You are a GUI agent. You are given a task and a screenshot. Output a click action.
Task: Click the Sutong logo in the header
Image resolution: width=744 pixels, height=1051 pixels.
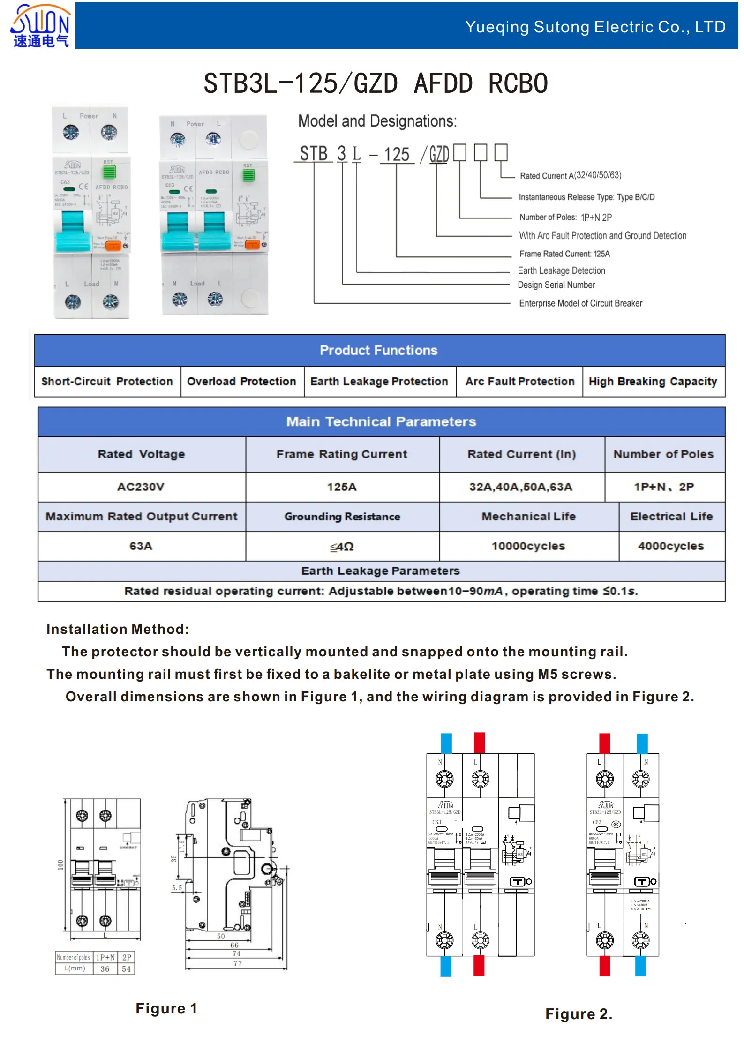coord(40,26)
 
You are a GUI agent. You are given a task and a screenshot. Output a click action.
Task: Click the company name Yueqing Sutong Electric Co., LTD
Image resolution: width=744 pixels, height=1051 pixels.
coord(595,27)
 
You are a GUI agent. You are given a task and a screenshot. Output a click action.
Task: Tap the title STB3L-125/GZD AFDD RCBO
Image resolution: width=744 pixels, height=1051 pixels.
coord(376,84)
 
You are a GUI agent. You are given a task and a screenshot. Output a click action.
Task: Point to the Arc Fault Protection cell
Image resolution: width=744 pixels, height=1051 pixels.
coord(519,382)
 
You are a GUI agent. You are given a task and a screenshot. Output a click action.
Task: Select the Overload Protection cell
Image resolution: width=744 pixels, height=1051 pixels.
coord(241,382)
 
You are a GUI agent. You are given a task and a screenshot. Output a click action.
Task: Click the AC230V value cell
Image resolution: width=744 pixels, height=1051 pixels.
coord(141,487)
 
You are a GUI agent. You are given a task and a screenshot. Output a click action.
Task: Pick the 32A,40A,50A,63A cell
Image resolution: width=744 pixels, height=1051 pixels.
coord(521,487)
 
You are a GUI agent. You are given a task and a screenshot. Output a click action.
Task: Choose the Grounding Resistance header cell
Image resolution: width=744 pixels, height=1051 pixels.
coord(342,517)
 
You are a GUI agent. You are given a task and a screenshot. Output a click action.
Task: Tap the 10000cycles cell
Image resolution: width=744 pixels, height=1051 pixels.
coord(528,546)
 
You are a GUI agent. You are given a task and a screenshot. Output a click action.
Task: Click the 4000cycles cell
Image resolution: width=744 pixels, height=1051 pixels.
coord(671,546)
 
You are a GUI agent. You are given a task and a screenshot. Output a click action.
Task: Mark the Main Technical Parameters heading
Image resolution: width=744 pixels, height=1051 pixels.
coord(381,422)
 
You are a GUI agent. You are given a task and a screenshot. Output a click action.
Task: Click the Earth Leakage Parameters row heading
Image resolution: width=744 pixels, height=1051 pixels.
coord(380,571)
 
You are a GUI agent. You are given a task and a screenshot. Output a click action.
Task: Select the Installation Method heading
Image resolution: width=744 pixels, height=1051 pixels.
coord(118,629)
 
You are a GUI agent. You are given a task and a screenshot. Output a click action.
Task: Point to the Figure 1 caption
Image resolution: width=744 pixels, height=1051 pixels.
coord(166,1008)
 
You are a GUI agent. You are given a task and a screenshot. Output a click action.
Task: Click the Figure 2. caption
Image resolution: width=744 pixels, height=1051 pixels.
coord(579,1014)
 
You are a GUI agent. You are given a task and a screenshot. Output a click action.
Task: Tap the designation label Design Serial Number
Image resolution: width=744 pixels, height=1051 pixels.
coord(556,285)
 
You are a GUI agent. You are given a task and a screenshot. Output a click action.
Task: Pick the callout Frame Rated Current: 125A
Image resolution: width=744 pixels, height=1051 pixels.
coord(564,254)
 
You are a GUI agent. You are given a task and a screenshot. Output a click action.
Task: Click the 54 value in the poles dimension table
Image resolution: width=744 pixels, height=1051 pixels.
coord(126,969)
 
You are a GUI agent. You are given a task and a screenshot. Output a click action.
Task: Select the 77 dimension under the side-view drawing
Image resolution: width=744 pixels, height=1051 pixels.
coord(238,963)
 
